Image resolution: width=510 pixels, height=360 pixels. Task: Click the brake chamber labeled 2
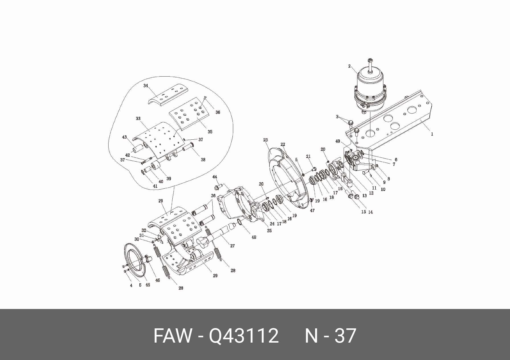tap(370, 88)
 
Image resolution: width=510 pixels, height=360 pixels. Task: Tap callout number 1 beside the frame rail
tap(432, 134)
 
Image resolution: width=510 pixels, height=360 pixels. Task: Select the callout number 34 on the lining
tap(146, 86)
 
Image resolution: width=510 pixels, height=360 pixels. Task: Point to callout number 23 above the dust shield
tap(266, 140)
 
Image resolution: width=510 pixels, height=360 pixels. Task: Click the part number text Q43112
tap(244, 336)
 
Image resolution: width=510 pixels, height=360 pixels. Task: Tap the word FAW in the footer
tap(172, 336)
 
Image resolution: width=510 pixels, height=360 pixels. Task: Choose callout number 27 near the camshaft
tap(232, 246)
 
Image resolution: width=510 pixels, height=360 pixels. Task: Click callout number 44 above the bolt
tap(215, 177)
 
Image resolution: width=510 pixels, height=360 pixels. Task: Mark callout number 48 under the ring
tap(254, 237)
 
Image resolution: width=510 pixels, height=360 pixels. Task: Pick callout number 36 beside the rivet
tap(218, 112)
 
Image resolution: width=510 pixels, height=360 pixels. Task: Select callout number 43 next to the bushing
tap(125, 137)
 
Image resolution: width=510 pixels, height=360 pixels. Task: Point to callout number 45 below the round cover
tap(148, 285)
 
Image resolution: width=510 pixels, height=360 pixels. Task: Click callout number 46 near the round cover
tap(158, 280)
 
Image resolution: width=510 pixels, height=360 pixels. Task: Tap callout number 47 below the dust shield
tap(312, 211)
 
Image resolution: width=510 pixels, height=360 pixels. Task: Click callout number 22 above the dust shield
tap(283, 145)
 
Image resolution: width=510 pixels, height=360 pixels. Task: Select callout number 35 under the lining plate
tap(210, 132)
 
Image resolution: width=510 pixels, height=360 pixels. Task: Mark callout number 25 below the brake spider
tap(269, 231)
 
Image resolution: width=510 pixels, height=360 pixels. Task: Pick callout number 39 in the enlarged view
tap(169, 179)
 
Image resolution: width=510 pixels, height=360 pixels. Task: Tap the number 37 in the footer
tap(345, 336)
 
